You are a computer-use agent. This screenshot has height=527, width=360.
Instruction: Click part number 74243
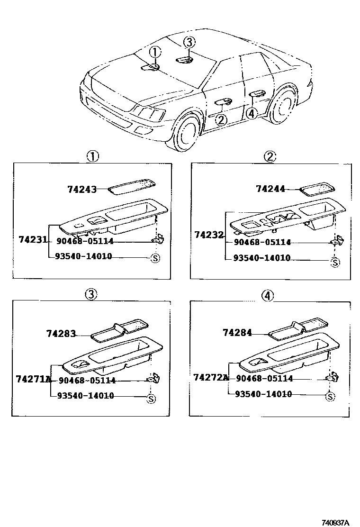coord(81,190)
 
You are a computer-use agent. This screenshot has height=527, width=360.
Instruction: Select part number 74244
coord(270,189)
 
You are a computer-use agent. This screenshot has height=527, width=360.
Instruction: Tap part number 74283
coord(61,334)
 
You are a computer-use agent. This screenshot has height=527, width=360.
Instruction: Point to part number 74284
coord(237,333)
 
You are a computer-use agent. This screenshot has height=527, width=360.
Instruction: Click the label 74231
coord(33,240)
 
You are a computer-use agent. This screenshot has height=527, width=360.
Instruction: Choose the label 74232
coord(208,234)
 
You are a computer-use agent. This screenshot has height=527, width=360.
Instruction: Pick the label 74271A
coord(33,379)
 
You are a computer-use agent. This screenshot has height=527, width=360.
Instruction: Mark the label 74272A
coord(211,378)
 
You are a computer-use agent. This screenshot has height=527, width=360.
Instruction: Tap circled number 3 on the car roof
coord(189,43)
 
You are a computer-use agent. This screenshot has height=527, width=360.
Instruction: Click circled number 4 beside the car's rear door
coord(252,113)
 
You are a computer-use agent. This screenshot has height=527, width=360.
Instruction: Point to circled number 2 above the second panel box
coord(270,156)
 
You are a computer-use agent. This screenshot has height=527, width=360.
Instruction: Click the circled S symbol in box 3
coord(151,399)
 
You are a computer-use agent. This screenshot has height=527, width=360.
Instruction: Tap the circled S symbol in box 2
coord(335,262)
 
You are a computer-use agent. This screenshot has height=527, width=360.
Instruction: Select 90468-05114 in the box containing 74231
coord(85,241)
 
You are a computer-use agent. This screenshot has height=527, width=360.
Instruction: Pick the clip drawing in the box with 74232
coord(335,242)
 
